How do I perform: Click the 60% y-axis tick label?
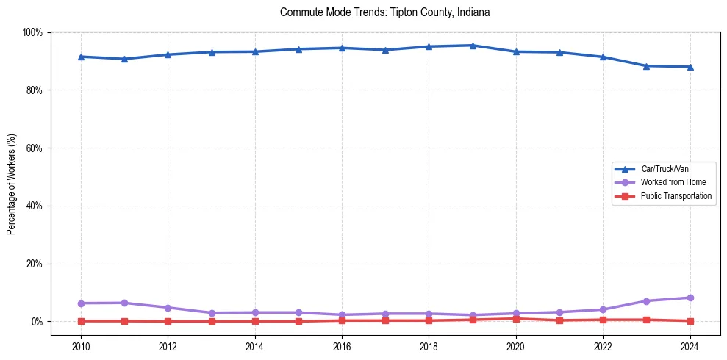click(x=34, y=148)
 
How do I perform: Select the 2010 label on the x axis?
click(x=81, y=347)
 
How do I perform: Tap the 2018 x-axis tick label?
click(x=429, y=347)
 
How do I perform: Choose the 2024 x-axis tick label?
click(x=690, y=347)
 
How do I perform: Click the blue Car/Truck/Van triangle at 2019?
click(x=473, y=46)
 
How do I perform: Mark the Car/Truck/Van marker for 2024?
click(x=690, y=67)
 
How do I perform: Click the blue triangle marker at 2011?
click(x=124, y=59)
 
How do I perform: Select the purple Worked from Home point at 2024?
click(x=690, y=298)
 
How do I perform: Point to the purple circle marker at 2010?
click(x=81, y=303)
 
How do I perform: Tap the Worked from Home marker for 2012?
click(x=168, y=308)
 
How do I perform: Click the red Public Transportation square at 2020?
click(x=516, y=319)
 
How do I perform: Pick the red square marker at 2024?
click(x=690, y=321)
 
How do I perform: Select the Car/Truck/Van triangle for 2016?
click(x=342, y=48)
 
